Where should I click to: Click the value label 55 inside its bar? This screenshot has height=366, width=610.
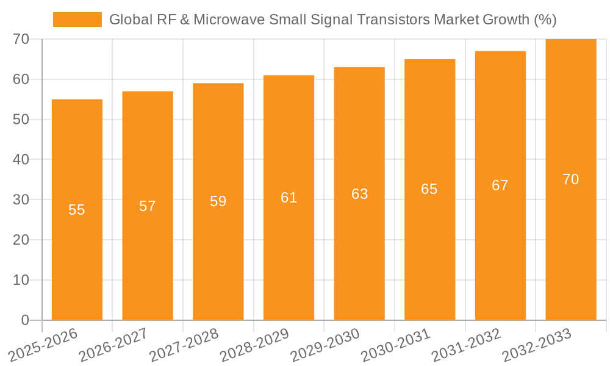[77, 210]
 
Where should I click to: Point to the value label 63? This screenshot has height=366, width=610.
[359, 194]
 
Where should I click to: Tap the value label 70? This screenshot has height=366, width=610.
[570, 179]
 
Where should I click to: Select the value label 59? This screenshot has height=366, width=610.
[218, 201]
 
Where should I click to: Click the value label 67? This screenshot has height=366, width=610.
[500, 185]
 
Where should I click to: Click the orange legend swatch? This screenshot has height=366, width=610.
[77, 20]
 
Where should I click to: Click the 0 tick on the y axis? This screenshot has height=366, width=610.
[25, 320]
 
